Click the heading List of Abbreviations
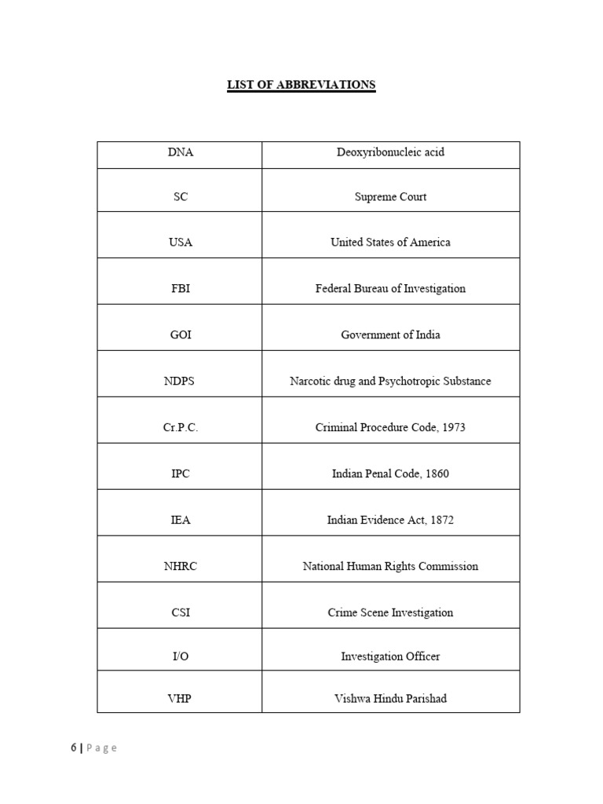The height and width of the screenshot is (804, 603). pos(301,85)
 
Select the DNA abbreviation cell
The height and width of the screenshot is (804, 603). pos(180,152)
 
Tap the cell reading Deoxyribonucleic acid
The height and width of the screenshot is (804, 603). pos(390,152)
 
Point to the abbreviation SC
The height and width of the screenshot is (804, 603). pos(180,197)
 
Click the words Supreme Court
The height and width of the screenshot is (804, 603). pos(390,197)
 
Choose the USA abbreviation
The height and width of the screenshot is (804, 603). pos(180,243)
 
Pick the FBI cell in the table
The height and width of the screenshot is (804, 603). pos(180,289)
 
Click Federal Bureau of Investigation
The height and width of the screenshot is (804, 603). pos(390,289)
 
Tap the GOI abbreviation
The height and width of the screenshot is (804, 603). pos(180,335)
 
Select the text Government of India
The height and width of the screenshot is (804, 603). pos(390,335)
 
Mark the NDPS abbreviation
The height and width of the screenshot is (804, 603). pos(180,382)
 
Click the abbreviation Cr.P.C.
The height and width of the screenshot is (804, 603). pos(180,428)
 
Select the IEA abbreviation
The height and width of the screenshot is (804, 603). pos(180,521)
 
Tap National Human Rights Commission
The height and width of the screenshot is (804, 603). pos(390,567)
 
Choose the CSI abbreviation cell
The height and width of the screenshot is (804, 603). pos(180,613)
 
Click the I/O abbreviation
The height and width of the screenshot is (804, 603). pos(180,656)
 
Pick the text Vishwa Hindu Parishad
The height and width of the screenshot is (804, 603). pos(390,699)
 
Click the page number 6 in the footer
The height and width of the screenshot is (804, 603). pos(73,748)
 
